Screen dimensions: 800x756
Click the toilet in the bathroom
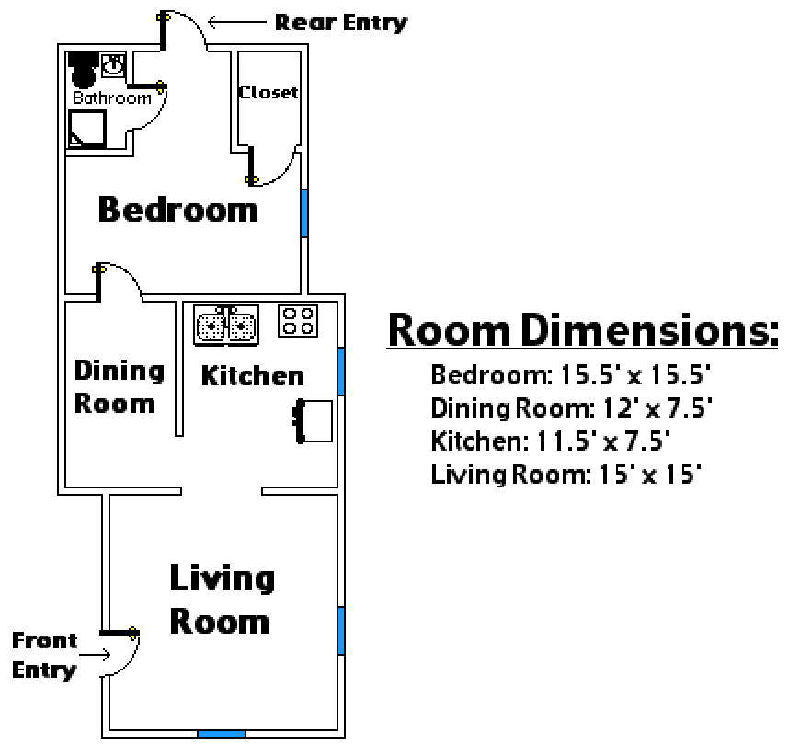82,69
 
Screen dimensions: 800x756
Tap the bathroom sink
113,65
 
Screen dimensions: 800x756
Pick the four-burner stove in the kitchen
298,321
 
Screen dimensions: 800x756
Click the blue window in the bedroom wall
304,213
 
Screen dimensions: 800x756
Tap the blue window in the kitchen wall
341,372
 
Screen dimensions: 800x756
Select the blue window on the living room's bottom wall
222,734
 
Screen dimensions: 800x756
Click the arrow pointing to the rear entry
237,22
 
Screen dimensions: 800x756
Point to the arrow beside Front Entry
95,655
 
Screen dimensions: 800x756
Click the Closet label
269,92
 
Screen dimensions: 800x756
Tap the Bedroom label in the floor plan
178,210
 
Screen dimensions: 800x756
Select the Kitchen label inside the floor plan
253,376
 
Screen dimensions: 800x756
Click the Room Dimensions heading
583,330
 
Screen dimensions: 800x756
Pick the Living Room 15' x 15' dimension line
566,475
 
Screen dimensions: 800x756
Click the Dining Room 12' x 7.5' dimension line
571,408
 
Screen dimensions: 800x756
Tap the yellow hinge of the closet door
251,179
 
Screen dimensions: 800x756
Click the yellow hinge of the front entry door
133,634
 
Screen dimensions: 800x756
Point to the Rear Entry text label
341,23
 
